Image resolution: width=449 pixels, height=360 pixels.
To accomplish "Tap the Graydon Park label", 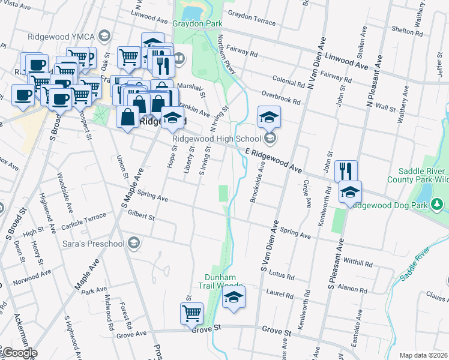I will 197,24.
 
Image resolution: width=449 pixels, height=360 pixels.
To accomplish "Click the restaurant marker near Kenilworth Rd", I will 346,171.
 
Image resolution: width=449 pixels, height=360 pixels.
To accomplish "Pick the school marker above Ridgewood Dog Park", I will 350,192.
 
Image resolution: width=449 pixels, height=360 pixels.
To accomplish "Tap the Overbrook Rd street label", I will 280,95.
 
